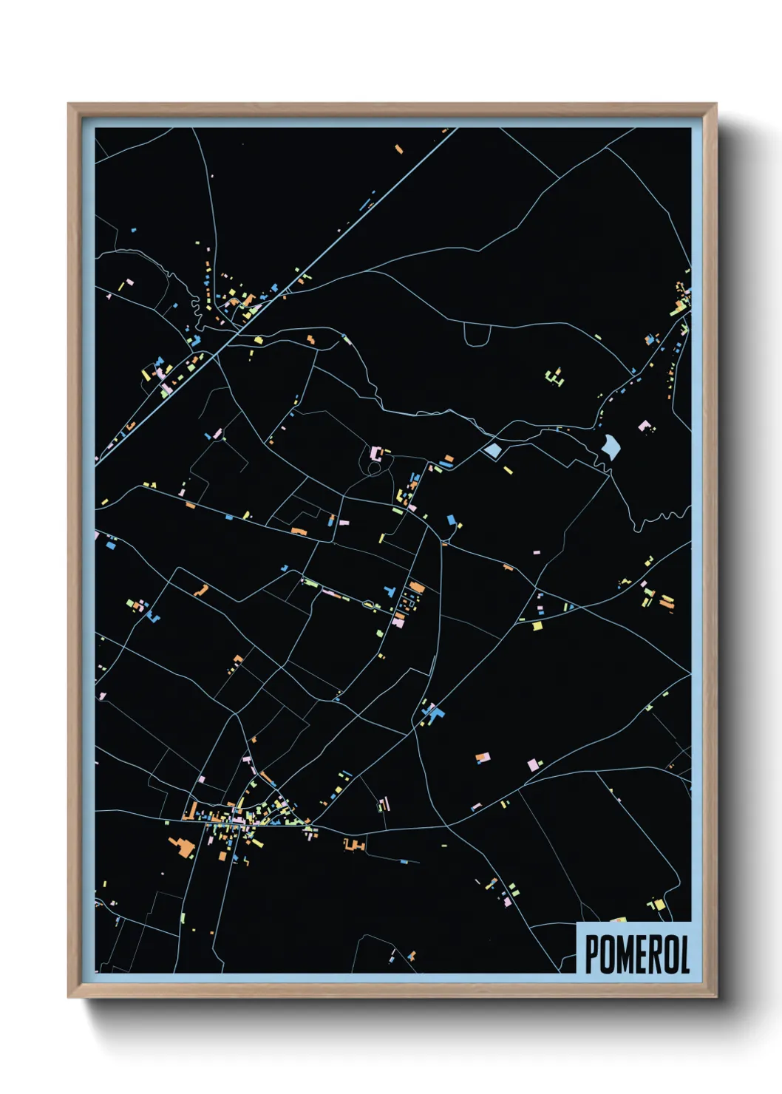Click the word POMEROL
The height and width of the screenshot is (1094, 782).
point(636,954)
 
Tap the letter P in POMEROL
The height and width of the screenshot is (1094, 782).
point(591,954)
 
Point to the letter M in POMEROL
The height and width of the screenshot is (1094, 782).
point(622,954)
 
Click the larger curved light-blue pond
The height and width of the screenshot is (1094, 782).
point(611,446)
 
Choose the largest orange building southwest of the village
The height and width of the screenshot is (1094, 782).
point(181,845)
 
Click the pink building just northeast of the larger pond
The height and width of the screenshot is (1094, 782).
point(645,426)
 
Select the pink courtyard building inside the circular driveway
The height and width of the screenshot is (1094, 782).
point(376,453)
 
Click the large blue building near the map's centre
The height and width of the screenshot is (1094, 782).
point(435,713)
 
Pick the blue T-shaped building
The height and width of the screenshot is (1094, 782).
point(389,592)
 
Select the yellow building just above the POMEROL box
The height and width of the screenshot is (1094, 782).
point(656,905)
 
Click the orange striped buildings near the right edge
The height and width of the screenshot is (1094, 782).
point(667,602)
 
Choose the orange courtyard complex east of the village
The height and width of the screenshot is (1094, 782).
point(354,843)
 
